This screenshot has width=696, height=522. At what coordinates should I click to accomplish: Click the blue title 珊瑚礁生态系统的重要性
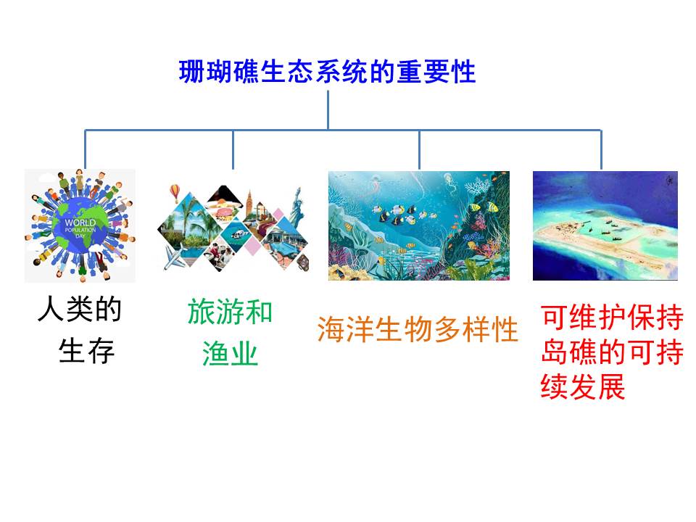(327, 72)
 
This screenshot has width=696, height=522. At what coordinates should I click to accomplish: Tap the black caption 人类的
(80, 309)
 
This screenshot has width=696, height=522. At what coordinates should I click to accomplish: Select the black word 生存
(86, 350)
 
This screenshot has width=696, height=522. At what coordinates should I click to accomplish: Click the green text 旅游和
(230, 312)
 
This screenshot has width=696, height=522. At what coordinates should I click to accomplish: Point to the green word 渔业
(230, 354)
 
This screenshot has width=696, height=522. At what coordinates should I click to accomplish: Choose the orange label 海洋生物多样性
(418, 329)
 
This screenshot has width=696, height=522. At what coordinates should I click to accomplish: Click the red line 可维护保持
(613, 318)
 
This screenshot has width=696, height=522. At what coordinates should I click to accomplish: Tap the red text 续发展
(583, 386)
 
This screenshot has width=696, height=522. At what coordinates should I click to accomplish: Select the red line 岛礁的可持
(613, 352)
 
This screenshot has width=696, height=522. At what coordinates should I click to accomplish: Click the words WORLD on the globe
(80, 223)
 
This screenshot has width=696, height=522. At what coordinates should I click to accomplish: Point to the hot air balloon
(175, 193)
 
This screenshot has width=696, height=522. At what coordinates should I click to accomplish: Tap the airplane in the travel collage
(175, 257)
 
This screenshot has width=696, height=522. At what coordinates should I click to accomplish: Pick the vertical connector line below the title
(328, 110)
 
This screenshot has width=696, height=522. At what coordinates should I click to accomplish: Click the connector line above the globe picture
(86, 149)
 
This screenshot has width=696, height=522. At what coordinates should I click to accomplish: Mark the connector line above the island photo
(602, 149)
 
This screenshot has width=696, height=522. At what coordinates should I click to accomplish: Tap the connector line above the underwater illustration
(419, 149)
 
